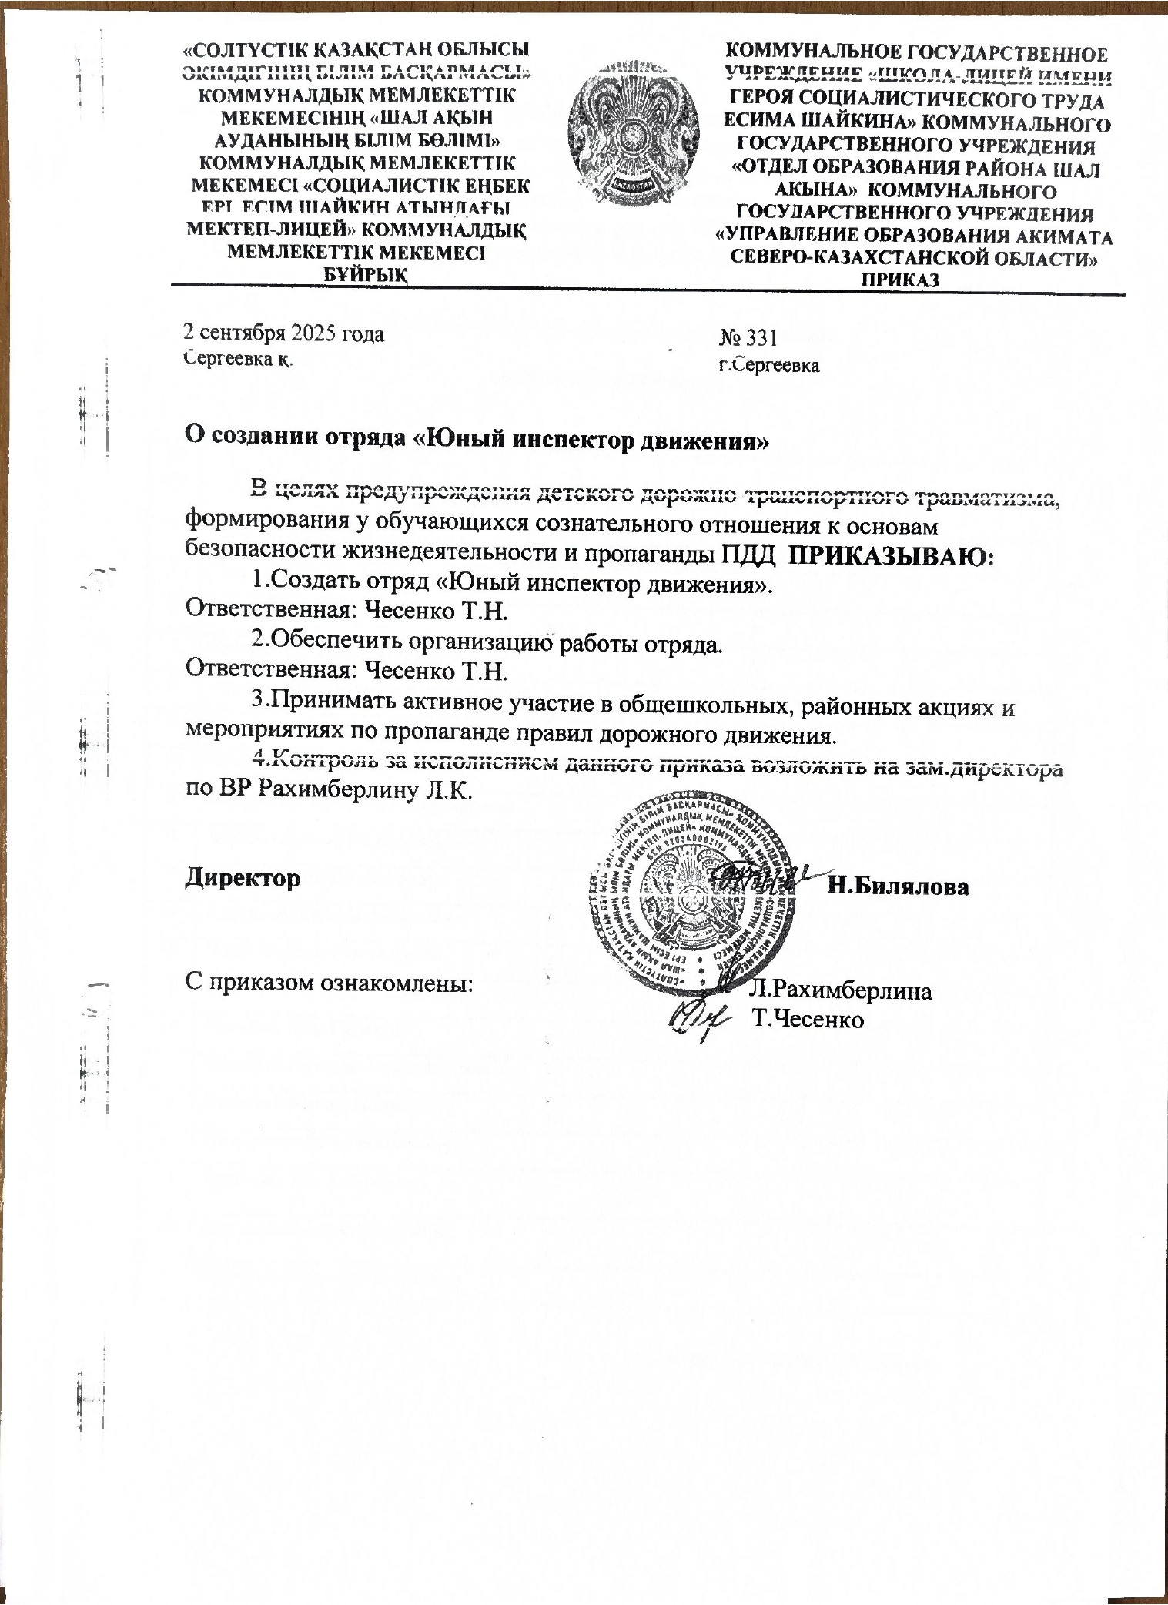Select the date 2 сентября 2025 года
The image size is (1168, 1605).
[283, 333]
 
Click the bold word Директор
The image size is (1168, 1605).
[243, 877]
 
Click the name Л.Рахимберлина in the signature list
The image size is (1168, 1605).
[842, 990]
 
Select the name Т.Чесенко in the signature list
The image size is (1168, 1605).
[809, 1020]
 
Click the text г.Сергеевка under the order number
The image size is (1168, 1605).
[769, 366]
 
